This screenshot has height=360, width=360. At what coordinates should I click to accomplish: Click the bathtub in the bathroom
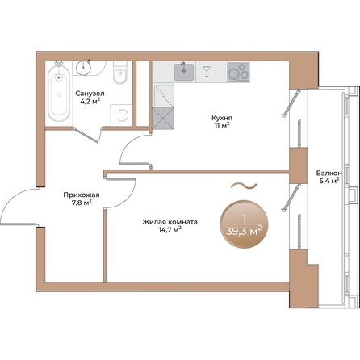coord(59,92)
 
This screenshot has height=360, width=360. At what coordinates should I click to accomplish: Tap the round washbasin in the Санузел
coord(84,67)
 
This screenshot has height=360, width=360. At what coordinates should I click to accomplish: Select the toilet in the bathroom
coord(119,73)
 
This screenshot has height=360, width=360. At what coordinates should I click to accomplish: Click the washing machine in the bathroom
coord(122,115)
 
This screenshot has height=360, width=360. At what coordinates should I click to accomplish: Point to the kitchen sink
coord(184,72)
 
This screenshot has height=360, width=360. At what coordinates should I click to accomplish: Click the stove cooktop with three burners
coord(238,72)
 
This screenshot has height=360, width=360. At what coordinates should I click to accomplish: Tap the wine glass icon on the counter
coord(207,72)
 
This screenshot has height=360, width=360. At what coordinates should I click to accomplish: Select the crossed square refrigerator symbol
coord(163,119)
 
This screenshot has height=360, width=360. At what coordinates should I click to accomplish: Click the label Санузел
coord(90,94)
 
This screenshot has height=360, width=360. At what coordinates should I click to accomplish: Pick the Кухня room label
coord(222,118)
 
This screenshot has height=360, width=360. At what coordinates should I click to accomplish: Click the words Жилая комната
coord(170,222)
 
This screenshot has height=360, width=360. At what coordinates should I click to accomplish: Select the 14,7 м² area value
coord(170,229)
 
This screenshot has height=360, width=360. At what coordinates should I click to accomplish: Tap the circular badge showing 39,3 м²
coord(244,224)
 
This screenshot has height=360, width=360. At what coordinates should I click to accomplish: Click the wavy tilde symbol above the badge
coord(244,186)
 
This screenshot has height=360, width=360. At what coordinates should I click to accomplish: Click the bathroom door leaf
coord(86,136)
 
